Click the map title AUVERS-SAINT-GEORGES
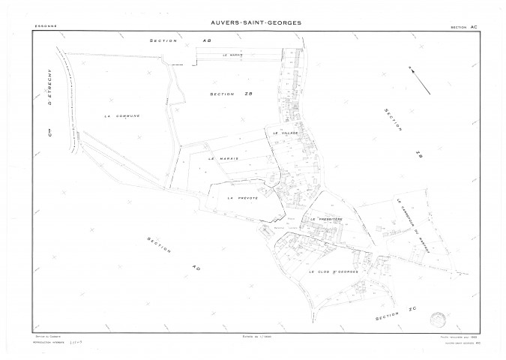click(253, 22)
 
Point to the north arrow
click(421, 81)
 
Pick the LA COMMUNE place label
click(123, 116)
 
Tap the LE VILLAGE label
click(286, 133)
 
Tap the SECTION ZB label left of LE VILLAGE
click(223, 94)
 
